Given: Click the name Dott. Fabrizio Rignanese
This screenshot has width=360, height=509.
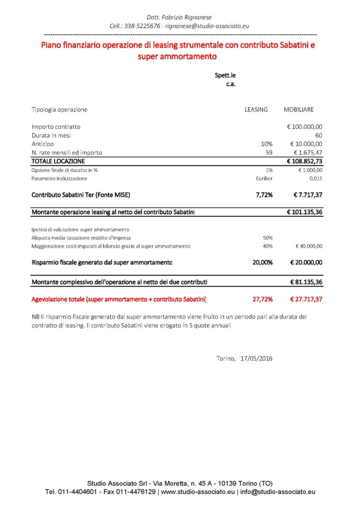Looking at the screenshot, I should tap(179, 17).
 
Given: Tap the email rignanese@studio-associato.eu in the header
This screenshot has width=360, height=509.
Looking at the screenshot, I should tap(207, 25).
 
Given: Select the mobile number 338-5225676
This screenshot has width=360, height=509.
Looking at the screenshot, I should tap(143, 25).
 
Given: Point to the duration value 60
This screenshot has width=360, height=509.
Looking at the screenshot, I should tap(319, 135).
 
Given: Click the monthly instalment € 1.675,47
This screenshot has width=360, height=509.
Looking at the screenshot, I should tap(308, 152).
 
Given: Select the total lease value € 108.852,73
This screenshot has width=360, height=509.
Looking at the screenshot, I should tap(304, 161).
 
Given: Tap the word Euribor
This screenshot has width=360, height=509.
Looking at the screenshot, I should tap(264, 178).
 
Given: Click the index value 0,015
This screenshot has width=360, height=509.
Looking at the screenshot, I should tap(316, 178).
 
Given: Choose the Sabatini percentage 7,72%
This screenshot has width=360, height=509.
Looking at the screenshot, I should tap(264, 195).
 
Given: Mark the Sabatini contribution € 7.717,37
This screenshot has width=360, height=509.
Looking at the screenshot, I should tap(308, 195).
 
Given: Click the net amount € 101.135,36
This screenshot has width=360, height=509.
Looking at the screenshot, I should tap(304, 212).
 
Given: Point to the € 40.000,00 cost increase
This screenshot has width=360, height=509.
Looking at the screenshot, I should tap(309, 246).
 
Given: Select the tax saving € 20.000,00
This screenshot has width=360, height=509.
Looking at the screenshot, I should tap(306, 262).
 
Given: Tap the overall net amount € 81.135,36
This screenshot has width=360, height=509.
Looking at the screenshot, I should tap(306, 282).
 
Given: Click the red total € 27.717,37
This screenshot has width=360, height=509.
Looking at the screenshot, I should tap(306, 299).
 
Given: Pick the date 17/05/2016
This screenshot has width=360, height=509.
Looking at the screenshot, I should tap(257, 358).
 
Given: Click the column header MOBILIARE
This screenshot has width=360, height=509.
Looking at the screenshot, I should tap(299, 110).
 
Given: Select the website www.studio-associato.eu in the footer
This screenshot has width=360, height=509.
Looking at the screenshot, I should tap(197, 492).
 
